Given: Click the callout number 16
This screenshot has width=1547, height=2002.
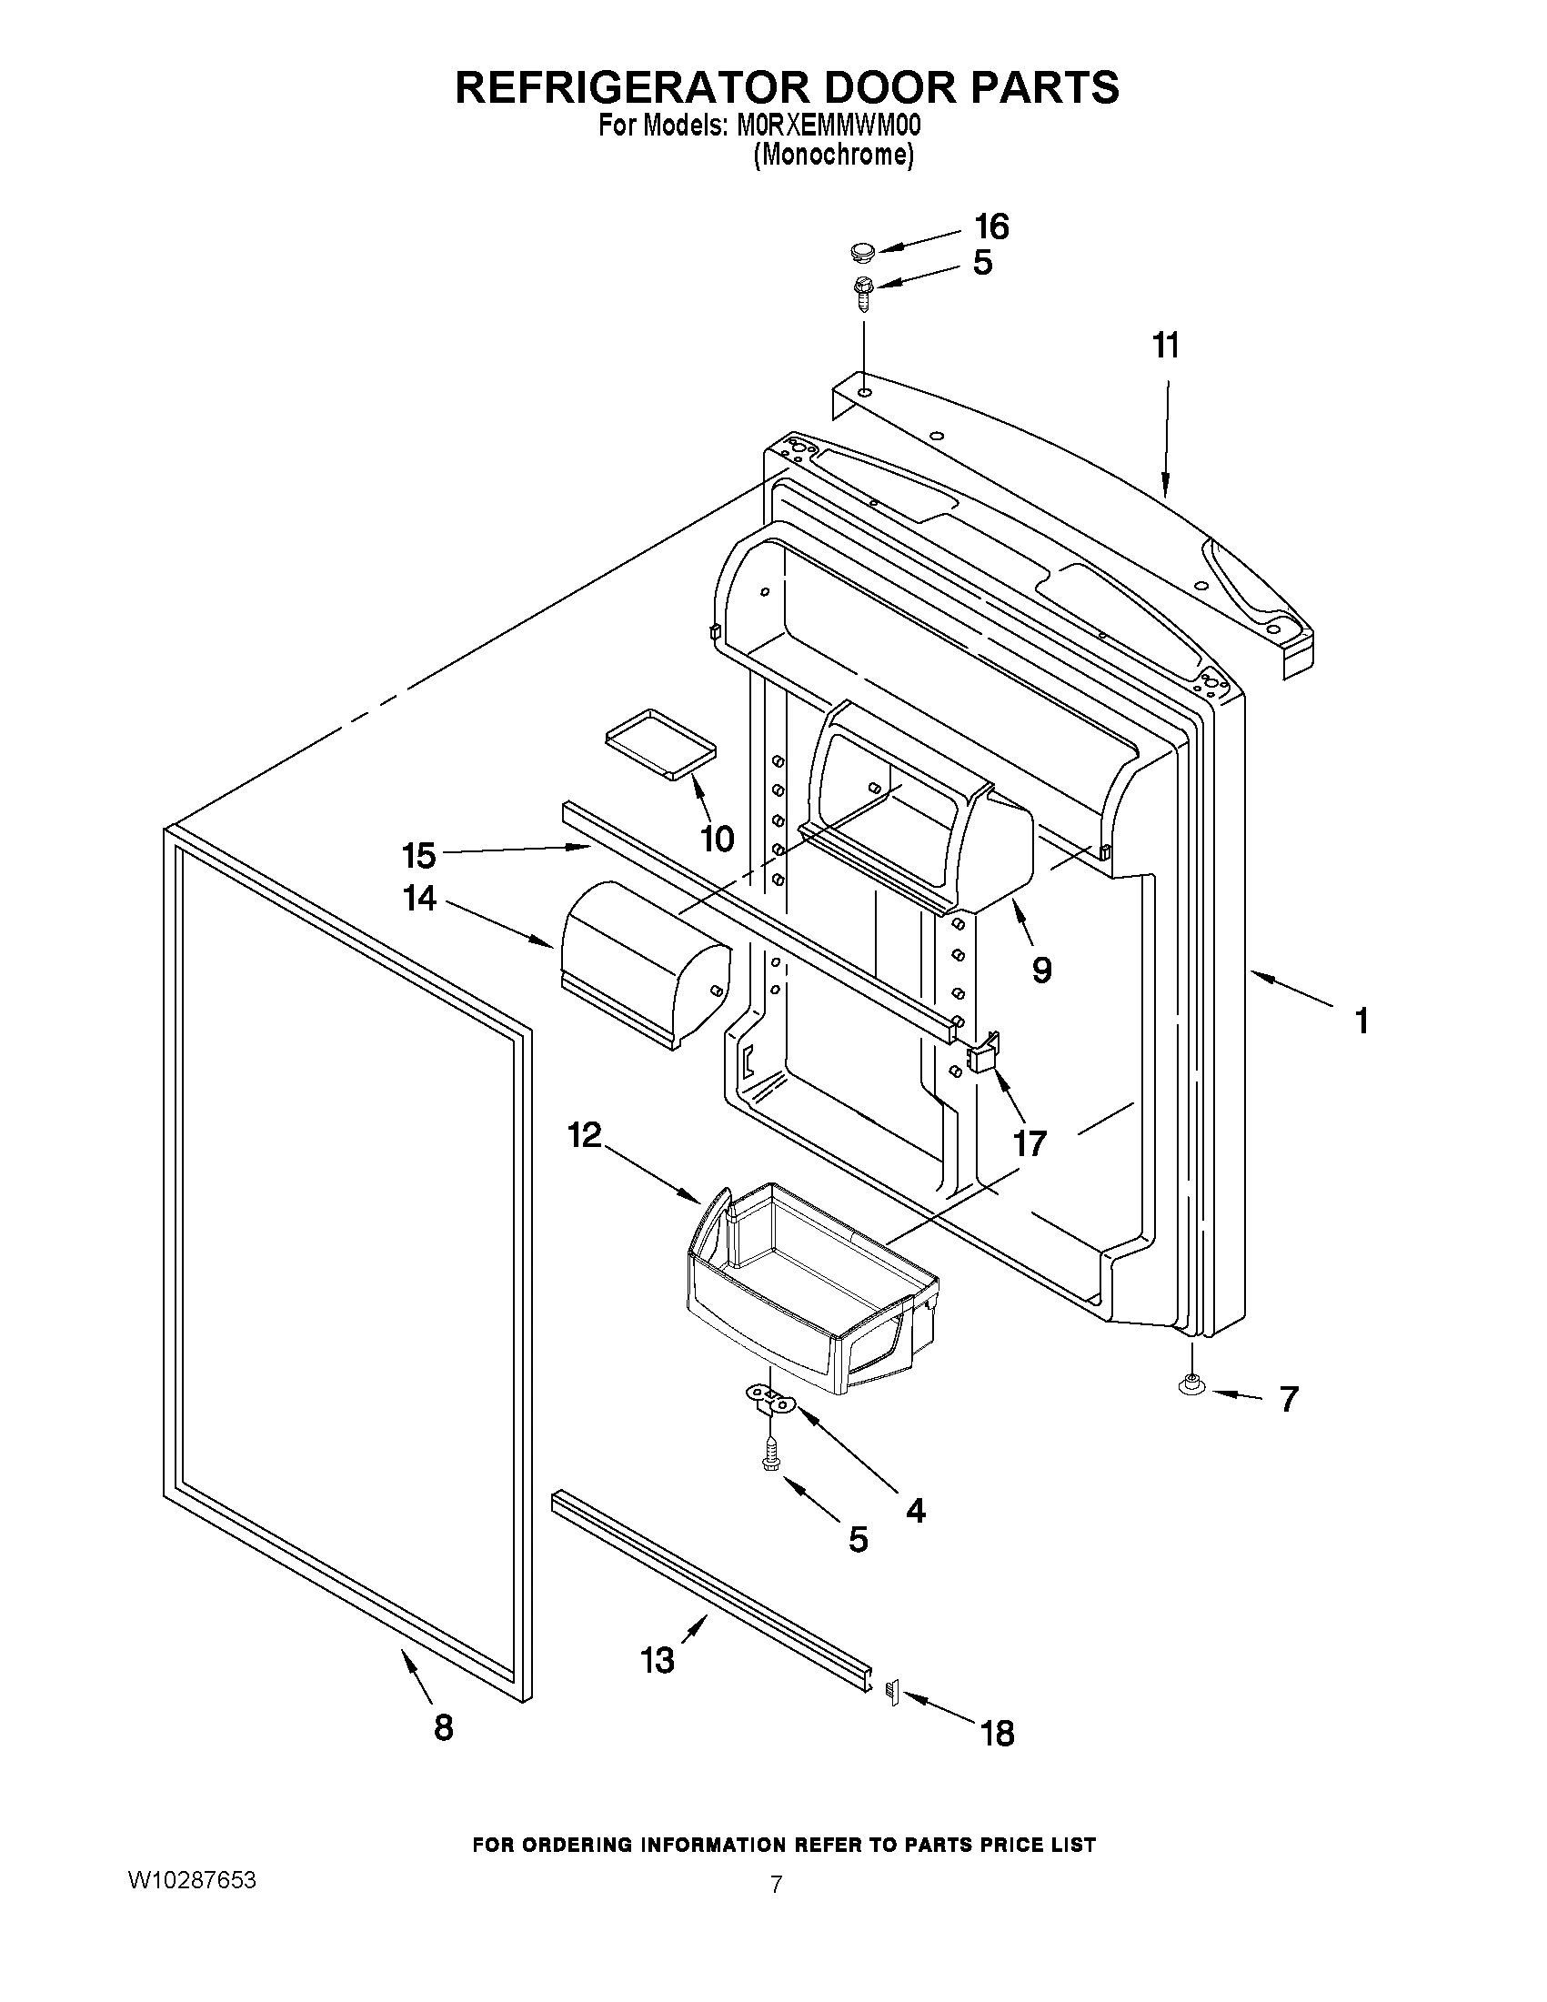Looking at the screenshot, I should click(991, 226).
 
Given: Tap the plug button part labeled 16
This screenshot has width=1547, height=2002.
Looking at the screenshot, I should click(861, 250).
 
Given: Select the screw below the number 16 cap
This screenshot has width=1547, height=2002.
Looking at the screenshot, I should click(863, 291).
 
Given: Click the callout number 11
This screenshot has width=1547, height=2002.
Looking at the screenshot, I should click(1166, 347).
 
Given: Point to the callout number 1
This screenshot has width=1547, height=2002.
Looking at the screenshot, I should click(1361, 1021).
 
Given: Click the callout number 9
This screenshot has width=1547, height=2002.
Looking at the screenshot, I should click(1041, 970).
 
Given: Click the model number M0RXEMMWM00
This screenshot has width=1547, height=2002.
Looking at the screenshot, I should click(829, 125).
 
